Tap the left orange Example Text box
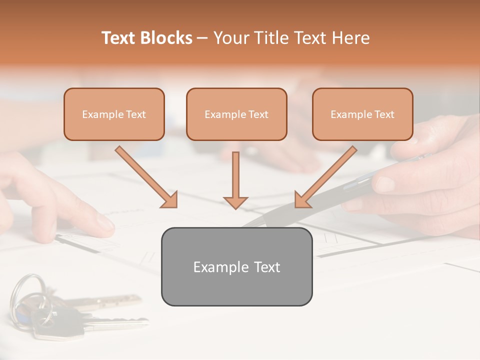114,114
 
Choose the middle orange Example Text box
236,114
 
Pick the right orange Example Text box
362,114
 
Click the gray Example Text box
236,266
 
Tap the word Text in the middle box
258,114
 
